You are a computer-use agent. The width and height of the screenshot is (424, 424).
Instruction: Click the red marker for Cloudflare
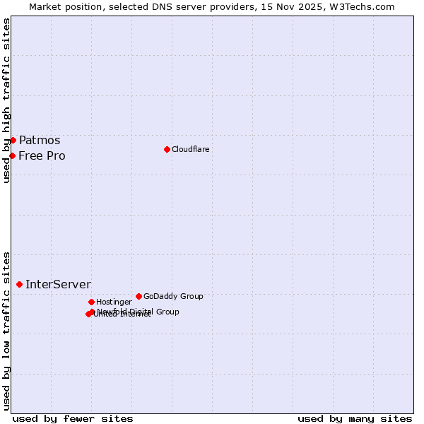(167, 149)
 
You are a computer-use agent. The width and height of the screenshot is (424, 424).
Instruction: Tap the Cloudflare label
(191, 149)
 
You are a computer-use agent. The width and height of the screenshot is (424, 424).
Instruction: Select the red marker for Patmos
(13, 140)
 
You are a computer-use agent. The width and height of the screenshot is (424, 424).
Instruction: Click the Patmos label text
(40, 140)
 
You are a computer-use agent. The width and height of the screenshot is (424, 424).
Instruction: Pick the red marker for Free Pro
(12, 155)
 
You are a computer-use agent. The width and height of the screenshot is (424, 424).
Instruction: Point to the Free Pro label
(42, 155)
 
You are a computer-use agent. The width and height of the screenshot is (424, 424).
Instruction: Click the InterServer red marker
(19, 284)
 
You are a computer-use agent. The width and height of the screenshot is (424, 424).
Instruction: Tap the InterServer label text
(58, 284)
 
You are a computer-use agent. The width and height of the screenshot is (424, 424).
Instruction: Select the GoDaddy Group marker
(139, 296)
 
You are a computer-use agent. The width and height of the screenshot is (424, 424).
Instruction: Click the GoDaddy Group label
(173, 296)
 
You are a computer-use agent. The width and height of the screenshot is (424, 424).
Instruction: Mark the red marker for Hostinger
(91, 302)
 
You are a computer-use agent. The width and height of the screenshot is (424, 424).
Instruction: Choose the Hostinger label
(114, 302)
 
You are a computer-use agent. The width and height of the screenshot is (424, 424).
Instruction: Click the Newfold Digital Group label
(139, 311)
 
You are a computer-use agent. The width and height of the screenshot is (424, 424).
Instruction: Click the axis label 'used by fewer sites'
(73, 418)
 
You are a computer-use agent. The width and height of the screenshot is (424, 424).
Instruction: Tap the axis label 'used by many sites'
(355, 418)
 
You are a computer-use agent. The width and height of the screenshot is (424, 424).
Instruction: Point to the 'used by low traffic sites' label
(6, 330)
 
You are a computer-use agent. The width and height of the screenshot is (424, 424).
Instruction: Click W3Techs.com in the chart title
(362, 6)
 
